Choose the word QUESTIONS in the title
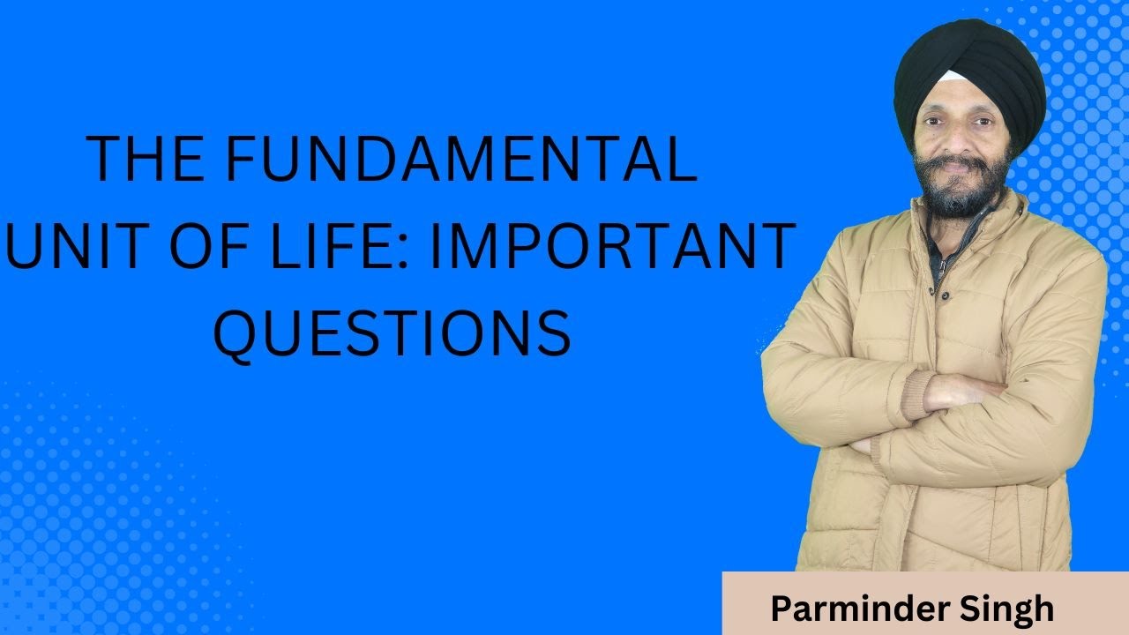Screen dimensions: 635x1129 393,334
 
